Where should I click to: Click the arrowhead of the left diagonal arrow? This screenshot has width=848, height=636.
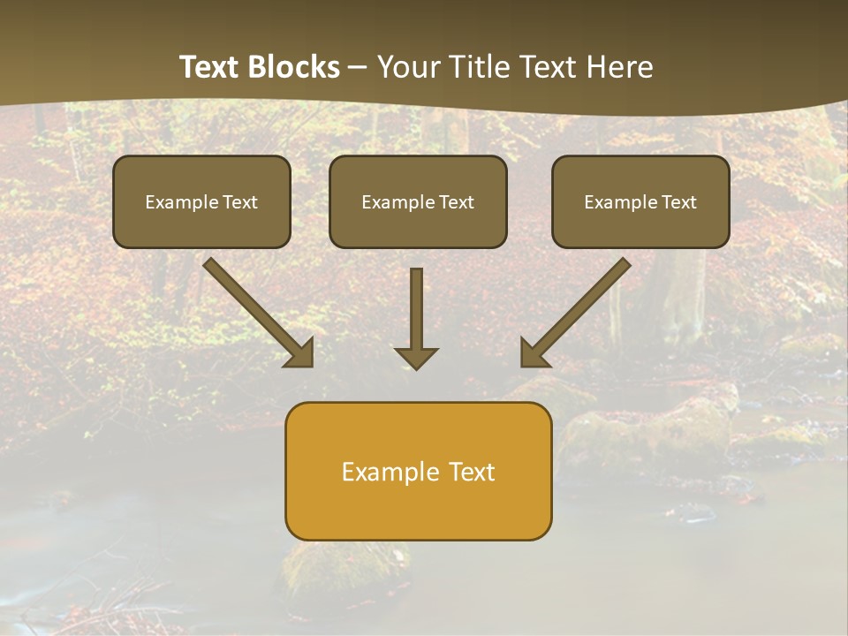click(x=300, y=353)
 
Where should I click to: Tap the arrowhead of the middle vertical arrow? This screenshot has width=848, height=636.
click(x=417, y=358)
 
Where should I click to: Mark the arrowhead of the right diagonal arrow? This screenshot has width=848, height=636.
click(x=534, y=353)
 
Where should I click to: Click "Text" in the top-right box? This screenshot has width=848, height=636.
click(x=679, y=202)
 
